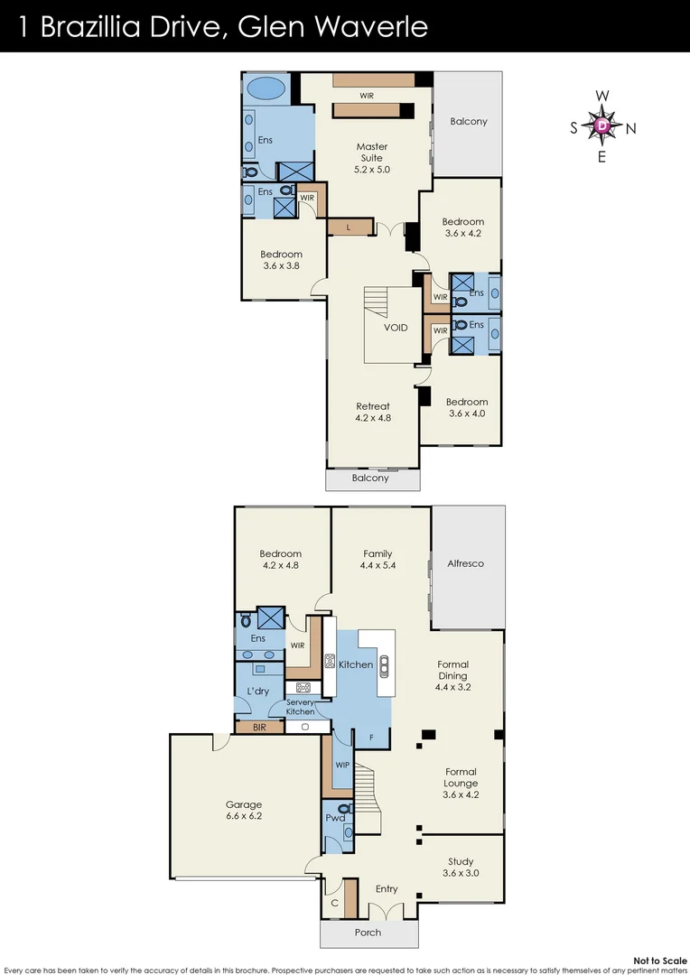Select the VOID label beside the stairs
(x=396, y=328)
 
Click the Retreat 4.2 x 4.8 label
(x=372, y=413)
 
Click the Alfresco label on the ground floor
(x=466, y=563)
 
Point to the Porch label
(x=368, y=933)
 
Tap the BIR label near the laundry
(x=259, y=726)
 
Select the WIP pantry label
(x=341, y=765)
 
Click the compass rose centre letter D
(x=602, y=127)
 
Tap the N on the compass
(x=631, y=128)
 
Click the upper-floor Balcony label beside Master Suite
(x=469, y=121)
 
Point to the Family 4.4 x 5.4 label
(x=378, y=560)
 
